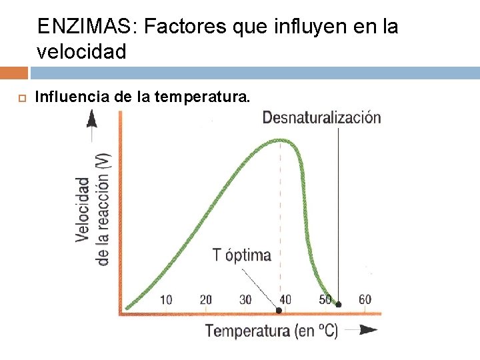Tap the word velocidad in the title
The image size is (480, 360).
(81, 51)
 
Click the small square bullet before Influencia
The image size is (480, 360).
(22, 98)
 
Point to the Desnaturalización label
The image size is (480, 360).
(322, 117)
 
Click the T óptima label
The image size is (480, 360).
(242, 255)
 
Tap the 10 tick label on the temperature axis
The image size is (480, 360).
(166, 300)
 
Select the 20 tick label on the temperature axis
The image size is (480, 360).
(206, 300)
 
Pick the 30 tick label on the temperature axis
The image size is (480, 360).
(245, 300)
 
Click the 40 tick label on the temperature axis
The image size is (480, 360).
(285, 300)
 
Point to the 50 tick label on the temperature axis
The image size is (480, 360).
(325, 300)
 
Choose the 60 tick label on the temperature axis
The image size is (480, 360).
(365, 300)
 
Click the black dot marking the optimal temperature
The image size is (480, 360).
(279, 311)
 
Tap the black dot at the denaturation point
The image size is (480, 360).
(338, 304)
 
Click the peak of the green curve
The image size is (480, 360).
(280, 141)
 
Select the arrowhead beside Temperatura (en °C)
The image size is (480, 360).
(368, 330)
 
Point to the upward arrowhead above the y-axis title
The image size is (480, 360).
(92, 119)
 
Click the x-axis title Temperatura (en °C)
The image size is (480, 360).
(272, 331)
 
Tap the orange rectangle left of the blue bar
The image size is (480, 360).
(14, 73)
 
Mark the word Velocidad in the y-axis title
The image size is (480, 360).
(83, 210)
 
